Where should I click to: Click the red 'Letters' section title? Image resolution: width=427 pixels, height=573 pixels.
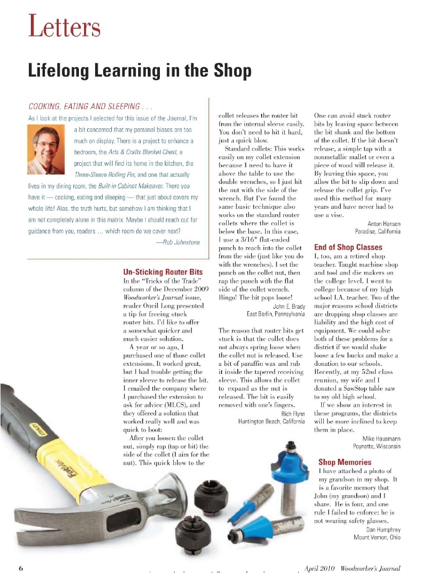tap(64, 26)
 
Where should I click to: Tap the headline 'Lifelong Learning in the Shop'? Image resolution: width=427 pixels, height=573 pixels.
tap(139, 70)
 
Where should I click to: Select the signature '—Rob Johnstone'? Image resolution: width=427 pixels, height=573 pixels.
tap(178, 242)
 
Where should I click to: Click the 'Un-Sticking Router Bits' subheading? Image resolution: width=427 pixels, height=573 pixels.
tap(163, 272)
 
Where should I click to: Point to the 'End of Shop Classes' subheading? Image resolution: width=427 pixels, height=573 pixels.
tap(348, 248)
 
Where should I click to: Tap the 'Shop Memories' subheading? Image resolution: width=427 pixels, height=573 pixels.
tap(345, 462)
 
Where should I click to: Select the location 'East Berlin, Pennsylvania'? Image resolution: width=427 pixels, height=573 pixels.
tap(275, 314)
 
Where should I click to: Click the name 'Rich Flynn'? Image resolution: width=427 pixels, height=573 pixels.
tap(293, 413)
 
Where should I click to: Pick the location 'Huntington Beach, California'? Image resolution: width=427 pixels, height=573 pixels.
tap(271, 421)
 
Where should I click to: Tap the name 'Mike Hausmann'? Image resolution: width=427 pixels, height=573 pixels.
tap(381, 439)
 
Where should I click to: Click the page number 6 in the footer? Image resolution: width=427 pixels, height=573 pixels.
tap(21, 567)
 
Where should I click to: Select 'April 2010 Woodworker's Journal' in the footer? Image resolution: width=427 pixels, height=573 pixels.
tap(353, 568)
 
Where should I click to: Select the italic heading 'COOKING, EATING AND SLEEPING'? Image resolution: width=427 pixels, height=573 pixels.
tap(84, 106)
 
